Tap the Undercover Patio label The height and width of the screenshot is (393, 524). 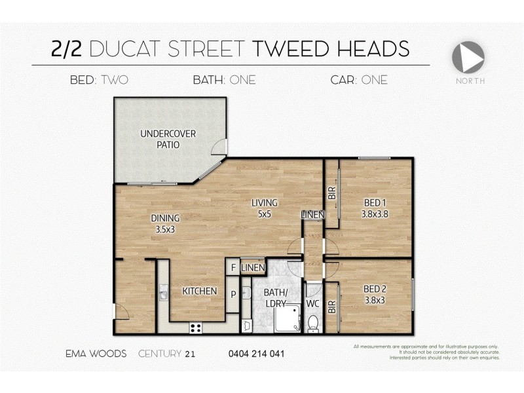tap(168, 139)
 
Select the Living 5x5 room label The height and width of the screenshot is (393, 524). tap(265, 208)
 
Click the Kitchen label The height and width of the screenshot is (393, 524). tap(199, 291)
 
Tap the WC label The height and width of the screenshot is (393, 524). tap(313, 304)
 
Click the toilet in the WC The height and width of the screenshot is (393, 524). tap(313, 323)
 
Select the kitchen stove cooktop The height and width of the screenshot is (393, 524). tap(195, 327)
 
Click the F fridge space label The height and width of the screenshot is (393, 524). tap(233, 268)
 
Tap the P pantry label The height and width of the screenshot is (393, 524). tap(233, 294)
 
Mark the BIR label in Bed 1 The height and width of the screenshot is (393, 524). tap(332, 193)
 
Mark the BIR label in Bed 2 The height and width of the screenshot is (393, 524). tap(332, 306)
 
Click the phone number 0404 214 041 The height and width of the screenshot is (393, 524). tap(256, 354)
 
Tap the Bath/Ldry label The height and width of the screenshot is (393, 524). tap(274, 298)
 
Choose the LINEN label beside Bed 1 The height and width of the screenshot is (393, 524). tap(312, 214)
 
